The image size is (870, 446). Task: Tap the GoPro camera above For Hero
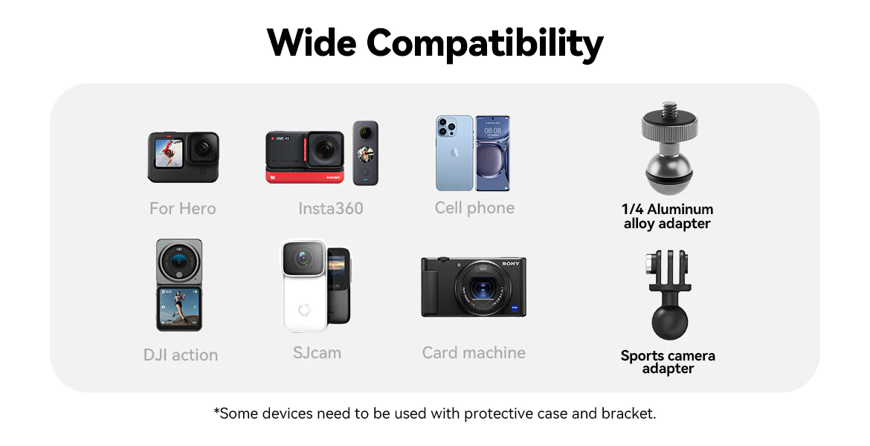(183, 157)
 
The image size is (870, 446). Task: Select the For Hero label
(182, 209)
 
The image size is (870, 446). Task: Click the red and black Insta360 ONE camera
(305, 157)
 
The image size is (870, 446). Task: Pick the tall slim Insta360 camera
(366, 152)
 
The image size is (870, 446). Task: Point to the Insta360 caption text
(331, 209)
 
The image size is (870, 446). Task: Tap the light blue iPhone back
(454, 153)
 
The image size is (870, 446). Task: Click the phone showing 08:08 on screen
(493, 153)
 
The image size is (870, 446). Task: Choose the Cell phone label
(474, 208)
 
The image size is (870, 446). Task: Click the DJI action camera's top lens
(178, 261)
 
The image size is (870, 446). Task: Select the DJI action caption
(181, 355)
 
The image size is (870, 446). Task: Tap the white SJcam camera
(303, 285)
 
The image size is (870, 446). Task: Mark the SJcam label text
(317, 353)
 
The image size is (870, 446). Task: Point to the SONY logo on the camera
(511, 264)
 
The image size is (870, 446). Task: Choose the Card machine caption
(474, 353)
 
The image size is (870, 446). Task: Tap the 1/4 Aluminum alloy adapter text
(667, 216)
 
